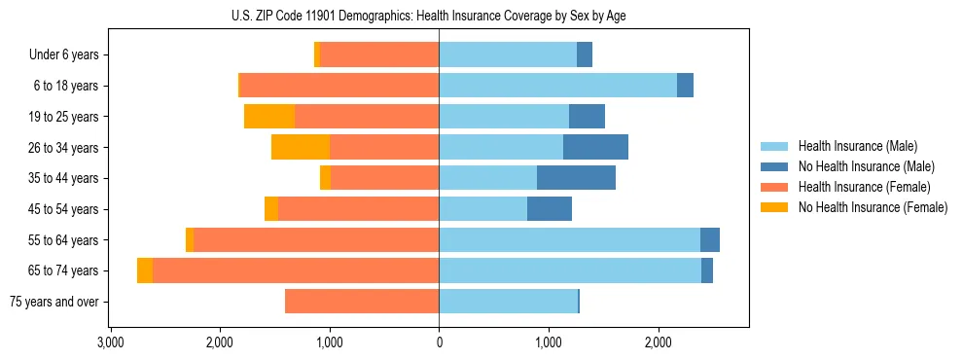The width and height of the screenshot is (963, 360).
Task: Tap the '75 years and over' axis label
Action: pos(54,302)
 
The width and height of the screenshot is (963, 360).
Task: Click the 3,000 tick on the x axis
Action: pos(111,342)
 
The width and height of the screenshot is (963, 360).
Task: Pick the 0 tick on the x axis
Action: pos(439,342)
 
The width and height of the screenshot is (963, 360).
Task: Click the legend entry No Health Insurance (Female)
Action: pos(873,207)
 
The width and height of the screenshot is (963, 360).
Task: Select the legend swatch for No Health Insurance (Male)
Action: pos(775,166)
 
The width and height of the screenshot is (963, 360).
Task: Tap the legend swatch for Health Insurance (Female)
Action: pos(775,187)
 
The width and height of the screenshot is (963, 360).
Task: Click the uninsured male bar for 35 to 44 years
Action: pos(576,178)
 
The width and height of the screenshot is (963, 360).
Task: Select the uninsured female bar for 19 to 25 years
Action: pos(269,117)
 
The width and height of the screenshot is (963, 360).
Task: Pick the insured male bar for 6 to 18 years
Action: pos(557,86)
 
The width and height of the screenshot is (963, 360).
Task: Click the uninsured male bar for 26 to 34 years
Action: pos(595,147)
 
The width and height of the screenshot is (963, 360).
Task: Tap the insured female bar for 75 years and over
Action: pos(362,302)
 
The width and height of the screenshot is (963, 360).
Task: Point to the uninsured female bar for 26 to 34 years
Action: pos(301,147)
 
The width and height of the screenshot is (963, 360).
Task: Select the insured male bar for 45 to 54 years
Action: pos(482,209)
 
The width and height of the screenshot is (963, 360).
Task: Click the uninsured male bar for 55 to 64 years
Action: pos(710,239)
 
